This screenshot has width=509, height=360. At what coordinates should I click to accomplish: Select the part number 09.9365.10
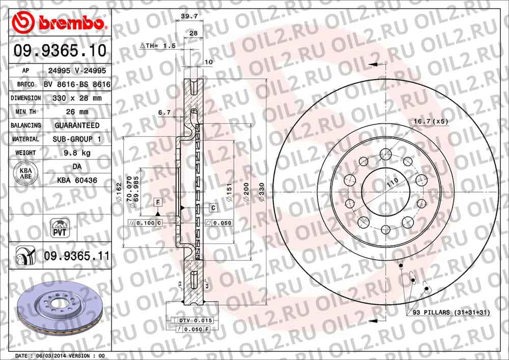pyautogui.click(x=60, y=51)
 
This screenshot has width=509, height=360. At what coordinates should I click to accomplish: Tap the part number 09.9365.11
pyautogui.click(x=76, y=256)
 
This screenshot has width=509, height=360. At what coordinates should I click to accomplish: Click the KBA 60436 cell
pyautogui.click(x=77, y=180)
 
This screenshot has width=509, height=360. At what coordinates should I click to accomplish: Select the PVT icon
pyautogui.click(x=60, y=228)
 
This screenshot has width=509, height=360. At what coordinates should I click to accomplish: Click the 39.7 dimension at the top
pyautogui.click(x=189, y=17)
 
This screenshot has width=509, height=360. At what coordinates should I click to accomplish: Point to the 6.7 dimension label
pyautogui.click(x=164, y=112)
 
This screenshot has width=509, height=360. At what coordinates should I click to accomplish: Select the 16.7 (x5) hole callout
pyautogui.click(x=430, y=122)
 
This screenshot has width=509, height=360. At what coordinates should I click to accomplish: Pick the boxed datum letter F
pyautogui.click(x=158, y=203)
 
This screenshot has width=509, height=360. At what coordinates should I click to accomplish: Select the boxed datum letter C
pyautogui.click(x=214, y=208)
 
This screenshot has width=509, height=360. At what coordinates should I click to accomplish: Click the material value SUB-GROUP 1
pyautogui.click(x=77, y=139)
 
